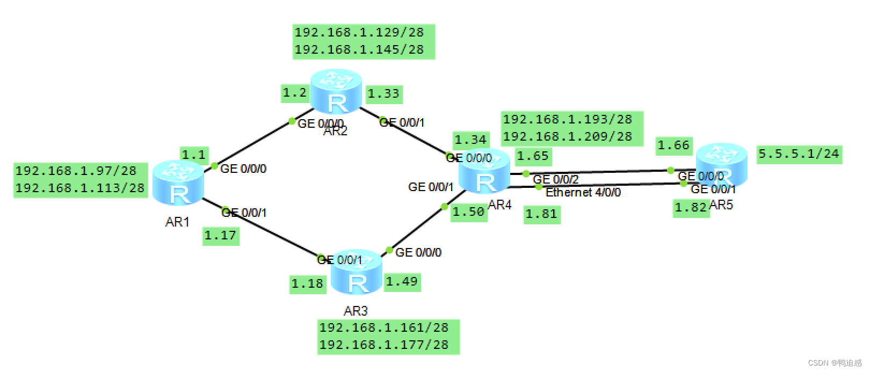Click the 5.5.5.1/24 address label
click(798, 154)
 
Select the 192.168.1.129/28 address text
click(359, 32)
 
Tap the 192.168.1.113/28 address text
click(80, 188)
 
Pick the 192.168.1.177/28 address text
click(383, 344)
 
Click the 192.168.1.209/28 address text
click(567, 136)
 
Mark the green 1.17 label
click(220, 236)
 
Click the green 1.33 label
click(383, 94)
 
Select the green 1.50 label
click(468, 212)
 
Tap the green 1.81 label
click(541, 214)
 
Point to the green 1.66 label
click(673, 145)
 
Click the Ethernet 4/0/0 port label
click(583, 192)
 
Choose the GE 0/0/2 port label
click(555, 179)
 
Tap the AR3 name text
click(356, 311)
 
